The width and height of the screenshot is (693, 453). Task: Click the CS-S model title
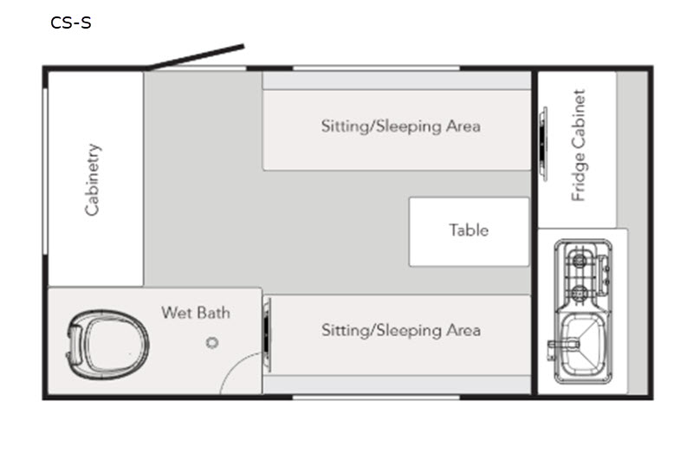pyautogui.click(x=71, y=23)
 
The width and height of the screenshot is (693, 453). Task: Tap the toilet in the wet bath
pyautogui.click(x=107, y=344)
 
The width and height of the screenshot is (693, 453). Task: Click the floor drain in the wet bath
pyautogui.click(x=212, y=342)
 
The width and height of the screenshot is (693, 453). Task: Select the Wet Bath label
pyautogui.click(x=196, y=313)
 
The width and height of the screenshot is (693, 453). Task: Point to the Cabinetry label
pyautogui.click(x=93, y=179)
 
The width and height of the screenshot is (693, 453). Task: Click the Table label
pyautogui.click(x=469, y=230)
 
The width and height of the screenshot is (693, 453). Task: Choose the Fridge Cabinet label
pyautogui.click(x=579, y=146)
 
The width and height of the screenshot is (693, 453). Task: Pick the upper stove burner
pyautogui.click(x=580, y=261)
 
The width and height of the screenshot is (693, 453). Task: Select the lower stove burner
pyautogui.click(x=580, y=293)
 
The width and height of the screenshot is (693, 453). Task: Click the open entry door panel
pyautogui.click(x=196, y=57)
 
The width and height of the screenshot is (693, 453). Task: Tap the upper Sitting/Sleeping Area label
pyautogui.click(x=401, y=126)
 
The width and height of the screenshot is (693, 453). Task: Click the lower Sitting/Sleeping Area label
pyautogui.click(x=401, y=331)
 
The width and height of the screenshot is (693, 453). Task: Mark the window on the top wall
pyautogui.click(x=377, y=68)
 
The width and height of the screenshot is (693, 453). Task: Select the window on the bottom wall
pyautogui.click(x=377, y=398)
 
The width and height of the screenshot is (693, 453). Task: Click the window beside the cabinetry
pyautogui.click(x=45, y=171)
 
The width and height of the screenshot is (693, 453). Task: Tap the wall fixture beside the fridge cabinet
pyautogui.click(x=543, y=144)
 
